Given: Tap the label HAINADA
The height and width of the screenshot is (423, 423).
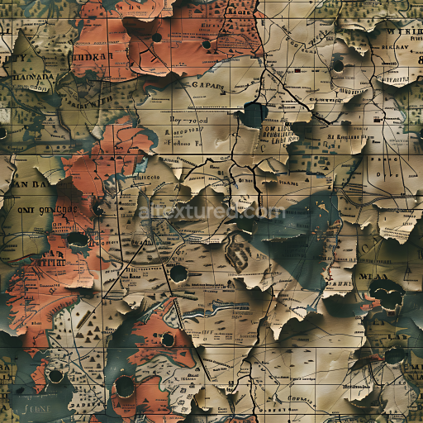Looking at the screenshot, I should point(32,79).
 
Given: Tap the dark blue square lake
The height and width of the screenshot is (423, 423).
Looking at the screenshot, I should point(253,114).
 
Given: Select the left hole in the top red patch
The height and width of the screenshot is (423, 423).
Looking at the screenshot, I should point(157,37).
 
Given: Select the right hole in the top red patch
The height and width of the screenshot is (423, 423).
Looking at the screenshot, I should point(206,44).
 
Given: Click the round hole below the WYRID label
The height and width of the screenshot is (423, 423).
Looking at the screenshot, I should point(337,65).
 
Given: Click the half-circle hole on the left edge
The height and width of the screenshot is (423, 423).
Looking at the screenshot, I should point(2,132).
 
